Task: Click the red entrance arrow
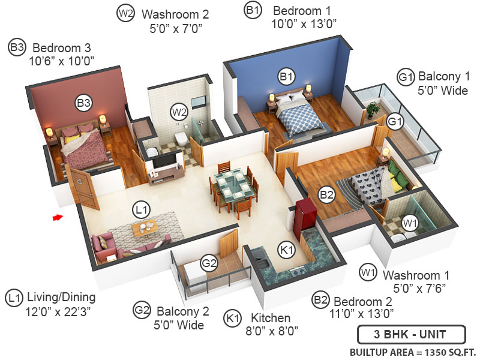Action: coord(58,218)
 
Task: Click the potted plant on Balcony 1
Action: coord(373,110)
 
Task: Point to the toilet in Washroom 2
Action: coord(181,139)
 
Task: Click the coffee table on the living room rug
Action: coord(145,228)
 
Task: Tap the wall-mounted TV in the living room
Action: coord(164,161)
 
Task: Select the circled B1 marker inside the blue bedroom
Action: coord(286,76)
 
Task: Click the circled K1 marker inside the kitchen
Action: coord(287,250)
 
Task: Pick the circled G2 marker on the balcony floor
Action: coord(209,263)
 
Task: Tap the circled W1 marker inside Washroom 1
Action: coord(410,223)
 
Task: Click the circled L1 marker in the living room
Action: coord(141,210)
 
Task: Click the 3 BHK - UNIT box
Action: coord(412,334)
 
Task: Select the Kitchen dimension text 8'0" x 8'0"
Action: coord(272,331)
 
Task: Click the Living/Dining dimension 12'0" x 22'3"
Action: coord(58,312)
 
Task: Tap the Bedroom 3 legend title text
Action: coord(62,48)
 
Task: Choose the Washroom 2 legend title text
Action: coord(175,14)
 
